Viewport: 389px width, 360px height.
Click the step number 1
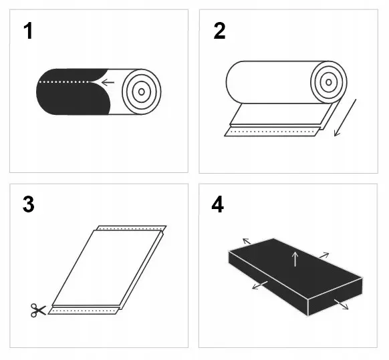pyautogui.click(x=27, y=31)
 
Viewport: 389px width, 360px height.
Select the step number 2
pyautogui.click(x=219, y=31)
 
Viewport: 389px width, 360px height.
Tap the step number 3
pyautogui.click(x=27, y=204)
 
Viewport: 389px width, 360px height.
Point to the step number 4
pyautogui.click(x=218, y=204)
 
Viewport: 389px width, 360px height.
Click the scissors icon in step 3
pyautogui.click(x=37, y=310)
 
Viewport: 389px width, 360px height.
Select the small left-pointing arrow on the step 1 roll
pyautogui.click(x=107, y=83)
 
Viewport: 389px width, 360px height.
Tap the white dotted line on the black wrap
pyautogui.click(x=67, y=82)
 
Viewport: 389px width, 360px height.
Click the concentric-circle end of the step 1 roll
pyautogui.click(x=142, y=90)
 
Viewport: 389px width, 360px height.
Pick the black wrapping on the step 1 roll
pyautogui.click(x=67, y=97)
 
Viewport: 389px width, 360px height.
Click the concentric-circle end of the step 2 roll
pyautogui.click(x=329, y=81)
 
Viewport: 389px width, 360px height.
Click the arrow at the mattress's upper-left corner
pyautogui.click(x=247, y=241)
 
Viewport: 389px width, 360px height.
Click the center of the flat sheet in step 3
pyautogui.click(x=107, y=267)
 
